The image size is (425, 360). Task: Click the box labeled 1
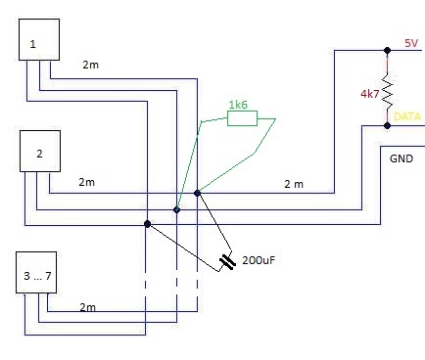click(x=40, y=44)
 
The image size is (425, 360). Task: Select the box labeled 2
click(x=40, y=154)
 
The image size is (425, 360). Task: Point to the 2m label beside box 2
click(x=86, y=182)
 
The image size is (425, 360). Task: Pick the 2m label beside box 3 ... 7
click(x=87, y=307)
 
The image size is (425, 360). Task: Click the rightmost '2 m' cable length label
click(x=293, y=183)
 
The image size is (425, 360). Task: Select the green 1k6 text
click(x=238, y=104)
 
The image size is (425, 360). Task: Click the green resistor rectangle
click(x=242, y=118)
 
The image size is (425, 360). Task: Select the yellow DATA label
click(x=406, y=116)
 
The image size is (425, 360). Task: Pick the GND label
click(x=401, y=157)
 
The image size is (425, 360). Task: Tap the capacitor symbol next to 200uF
click(x=228, y=261)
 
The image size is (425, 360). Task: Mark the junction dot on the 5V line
click(x=387, y=48)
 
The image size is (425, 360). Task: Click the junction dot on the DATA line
click(x=387, y=125)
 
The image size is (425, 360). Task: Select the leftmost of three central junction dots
click(x=147, y=223)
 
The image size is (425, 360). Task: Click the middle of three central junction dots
click(x=177, y=208)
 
